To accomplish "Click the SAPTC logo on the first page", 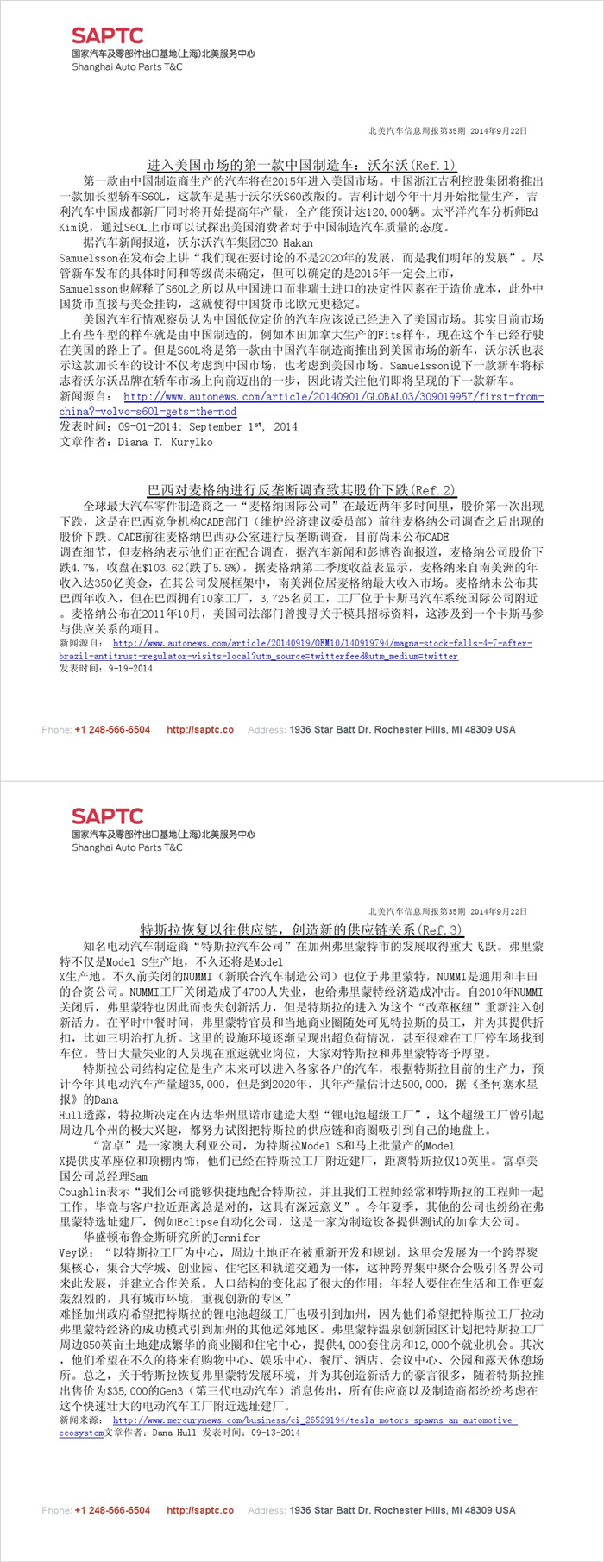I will click(x=108, y=35).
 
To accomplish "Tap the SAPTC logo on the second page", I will click(x=108, y=816).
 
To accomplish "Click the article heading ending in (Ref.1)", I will click(x=301, y=165).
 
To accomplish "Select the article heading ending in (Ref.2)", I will click(x=301, y=490).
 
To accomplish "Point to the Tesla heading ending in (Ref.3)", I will click(x=301, y=930).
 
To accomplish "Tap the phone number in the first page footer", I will click(x=112, y=730).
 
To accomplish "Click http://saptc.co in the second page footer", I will click(x=200, y=1510).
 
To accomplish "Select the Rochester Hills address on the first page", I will click(x=402, y=730).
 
